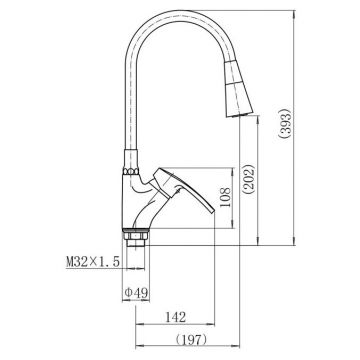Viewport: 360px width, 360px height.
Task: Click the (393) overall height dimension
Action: [286, 123]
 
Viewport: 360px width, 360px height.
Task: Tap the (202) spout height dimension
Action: [249, 179]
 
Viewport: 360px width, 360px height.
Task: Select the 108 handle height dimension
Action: [225, 197]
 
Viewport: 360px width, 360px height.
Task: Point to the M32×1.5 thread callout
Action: [93, 262]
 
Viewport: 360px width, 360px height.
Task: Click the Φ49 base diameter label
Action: [136, 293]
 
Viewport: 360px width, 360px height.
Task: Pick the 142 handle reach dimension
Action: [176, 317]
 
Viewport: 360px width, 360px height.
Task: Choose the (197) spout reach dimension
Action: [191, 340]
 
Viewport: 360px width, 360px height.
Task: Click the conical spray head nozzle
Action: [237, 89]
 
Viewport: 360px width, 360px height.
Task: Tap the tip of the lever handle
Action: [213, 211]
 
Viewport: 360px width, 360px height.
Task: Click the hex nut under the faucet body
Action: [136, 236]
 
